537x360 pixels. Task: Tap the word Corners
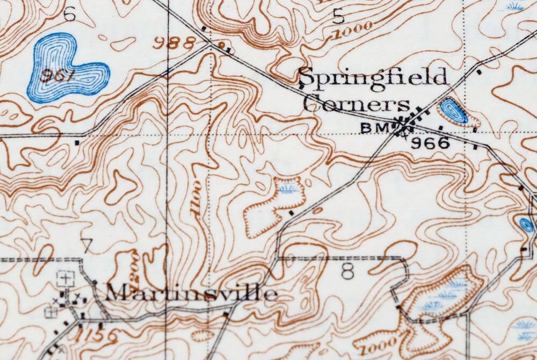coord(356,103)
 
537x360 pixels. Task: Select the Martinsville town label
coord(191,293)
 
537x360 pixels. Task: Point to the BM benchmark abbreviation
coord(374,128)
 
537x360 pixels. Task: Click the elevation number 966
coord(430,143)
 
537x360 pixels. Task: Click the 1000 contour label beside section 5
coord(352,31)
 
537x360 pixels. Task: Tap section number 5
coord(338,17)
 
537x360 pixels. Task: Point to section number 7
coord(87,245)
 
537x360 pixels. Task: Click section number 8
coord(348,272)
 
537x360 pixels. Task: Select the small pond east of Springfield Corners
coord(453,111)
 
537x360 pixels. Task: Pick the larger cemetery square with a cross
coord(66,278)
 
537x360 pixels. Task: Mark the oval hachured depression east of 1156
coord(202,336)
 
